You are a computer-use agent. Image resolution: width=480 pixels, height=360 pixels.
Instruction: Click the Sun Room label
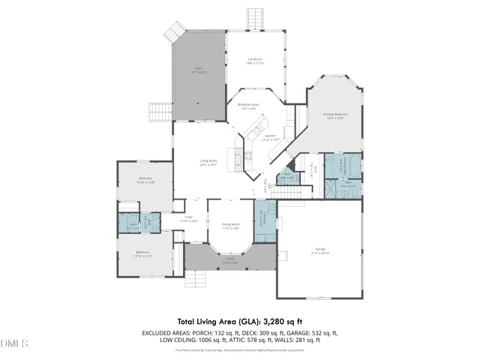[255, 61]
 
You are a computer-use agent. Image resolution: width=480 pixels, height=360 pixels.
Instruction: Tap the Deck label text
[199, 71]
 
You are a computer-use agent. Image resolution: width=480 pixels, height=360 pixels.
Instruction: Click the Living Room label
[208, 162]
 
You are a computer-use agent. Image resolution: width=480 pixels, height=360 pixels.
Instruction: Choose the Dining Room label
[230, 226]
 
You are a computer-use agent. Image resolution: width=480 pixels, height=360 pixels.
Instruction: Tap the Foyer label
[188, 219]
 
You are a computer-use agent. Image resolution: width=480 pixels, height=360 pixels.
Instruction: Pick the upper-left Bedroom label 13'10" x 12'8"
[145, 180]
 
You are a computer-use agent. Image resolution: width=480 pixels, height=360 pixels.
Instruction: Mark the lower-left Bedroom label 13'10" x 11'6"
[143, 253]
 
